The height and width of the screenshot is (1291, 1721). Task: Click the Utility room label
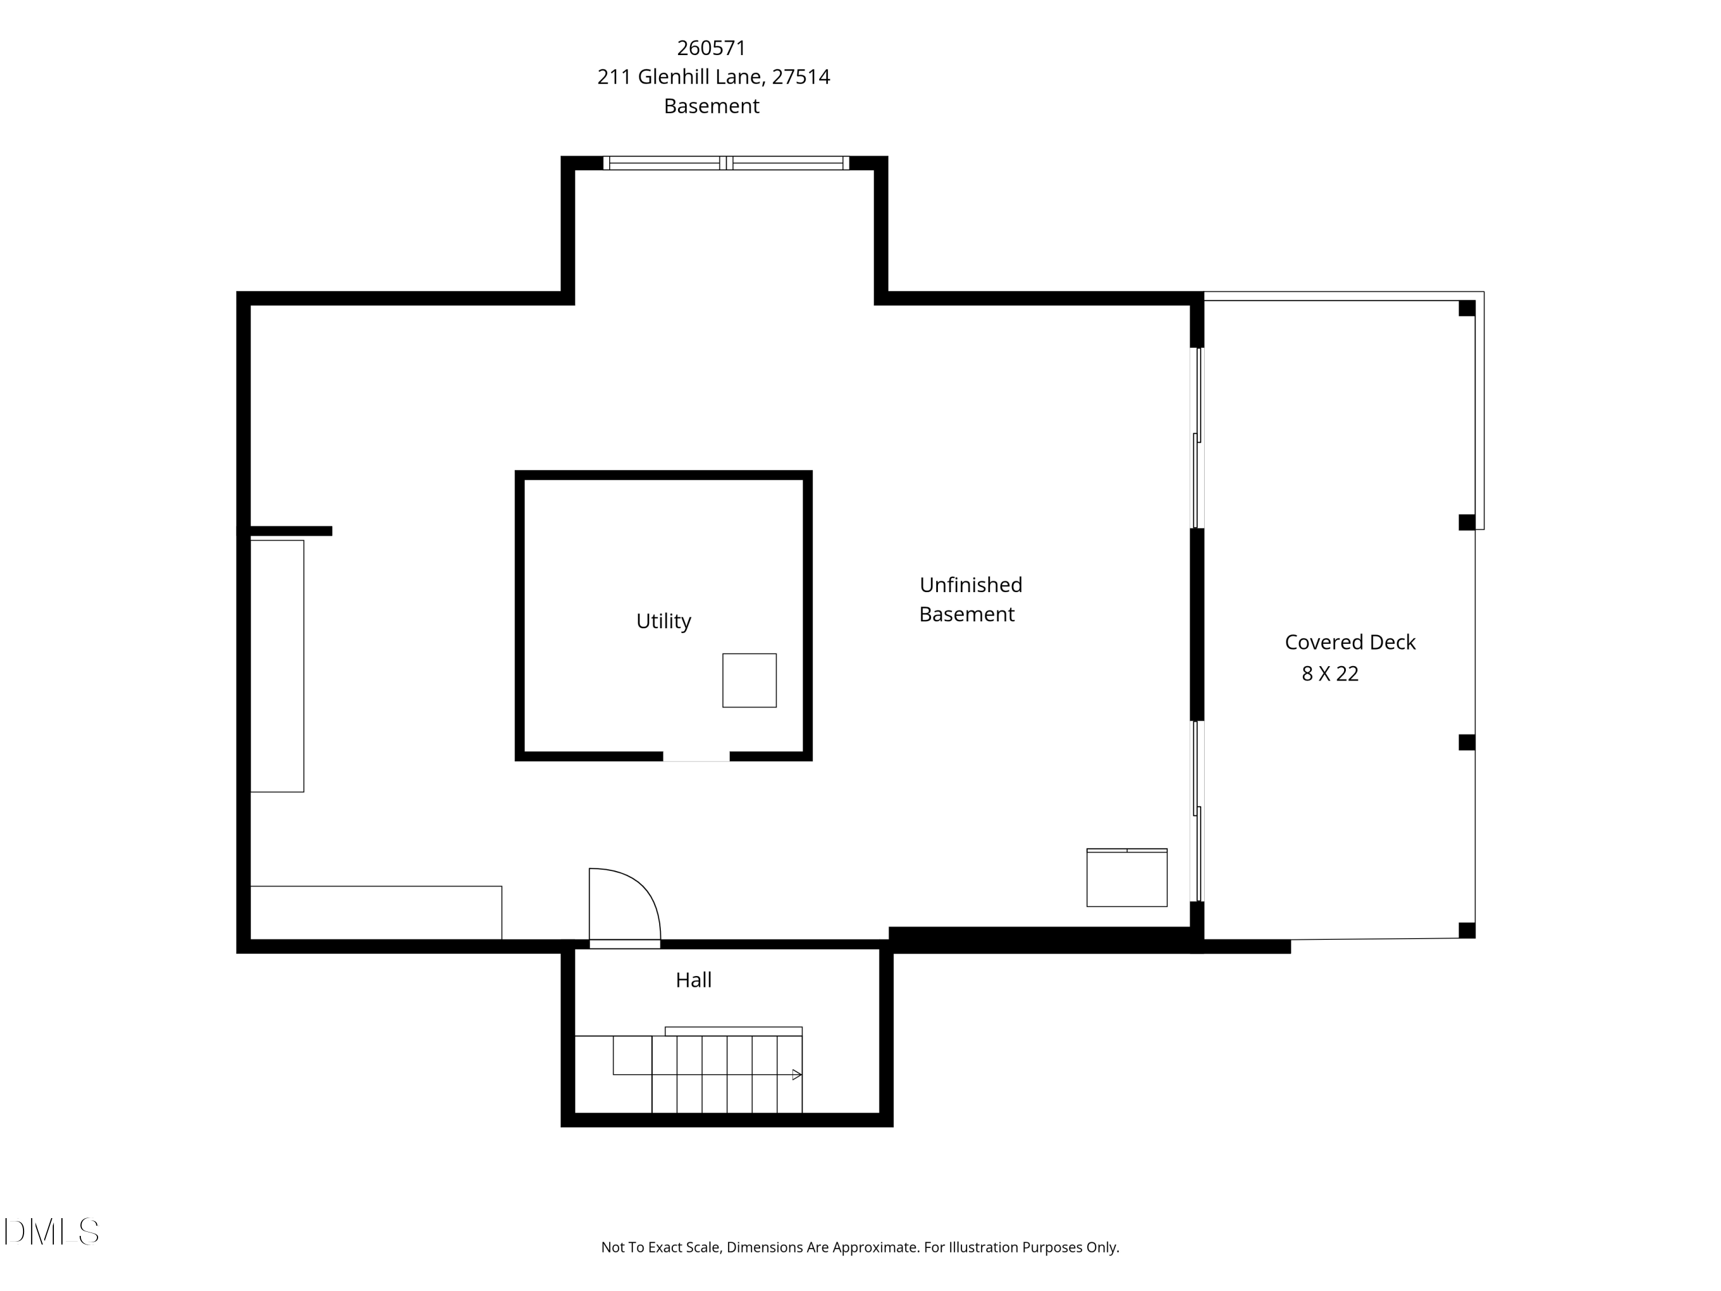point(663,621)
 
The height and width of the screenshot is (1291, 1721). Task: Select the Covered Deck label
point(1349,642)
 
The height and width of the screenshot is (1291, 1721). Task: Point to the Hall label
point(693,980)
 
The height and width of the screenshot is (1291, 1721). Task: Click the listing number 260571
point(711,48)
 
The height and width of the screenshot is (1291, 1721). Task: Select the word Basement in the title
point(711,106)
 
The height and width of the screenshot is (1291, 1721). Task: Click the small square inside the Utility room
point(749,680)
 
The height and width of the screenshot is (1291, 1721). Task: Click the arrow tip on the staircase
point(797,1075)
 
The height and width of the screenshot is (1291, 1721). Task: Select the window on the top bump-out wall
point(726,162)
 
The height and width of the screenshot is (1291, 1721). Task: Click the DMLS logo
point(52,1232)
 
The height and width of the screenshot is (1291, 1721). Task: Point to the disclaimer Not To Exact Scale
point(860,1247)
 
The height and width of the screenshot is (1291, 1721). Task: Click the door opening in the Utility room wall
point(695,756)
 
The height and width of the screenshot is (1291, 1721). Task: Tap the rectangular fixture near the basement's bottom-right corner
point(1127,878)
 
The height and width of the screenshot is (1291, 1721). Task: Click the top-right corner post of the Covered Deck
point(1467,308)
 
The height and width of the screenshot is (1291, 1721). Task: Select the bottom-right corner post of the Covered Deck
point(1467,930)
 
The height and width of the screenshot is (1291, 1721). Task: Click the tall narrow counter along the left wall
point(277,666)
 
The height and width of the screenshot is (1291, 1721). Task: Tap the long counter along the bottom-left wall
point(376,912)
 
